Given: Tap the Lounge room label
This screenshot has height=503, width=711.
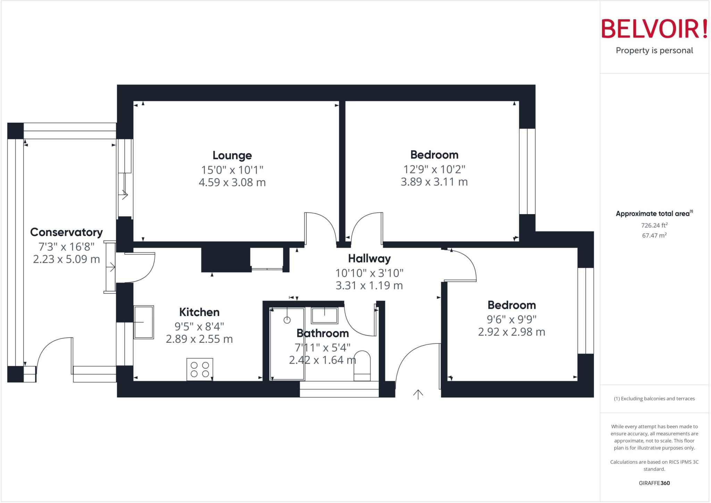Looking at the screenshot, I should [232, 155].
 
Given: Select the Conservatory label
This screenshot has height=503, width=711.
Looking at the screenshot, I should [66, 232].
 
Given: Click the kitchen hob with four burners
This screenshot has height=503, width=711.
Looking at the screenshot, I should [200, 369].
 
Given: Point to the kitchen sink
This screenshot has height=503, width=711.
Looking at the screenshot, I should [144, 322].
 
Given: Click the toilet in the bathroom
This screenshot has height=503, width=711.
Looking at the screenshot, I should [362, 366].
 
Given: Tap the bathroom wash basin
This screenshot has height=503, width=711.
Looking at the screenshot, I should [324, 315].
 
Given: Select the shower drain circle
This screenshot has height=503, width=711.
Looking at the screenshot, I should [287, 320].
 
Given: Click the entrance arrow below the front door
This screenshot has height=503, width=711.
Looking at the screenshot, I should [418, 395].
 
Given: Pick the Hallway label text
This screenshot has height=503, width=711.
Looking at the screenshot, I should [369, 259].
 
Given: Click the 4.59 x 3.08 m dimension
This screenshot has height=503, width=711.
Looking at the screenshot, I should [232, 182].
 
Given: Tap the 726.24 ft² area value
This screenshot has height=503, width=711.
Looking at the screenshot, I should [654, 225].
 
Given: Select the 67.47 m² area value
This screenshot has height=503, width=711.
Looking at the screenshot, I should [654, 236].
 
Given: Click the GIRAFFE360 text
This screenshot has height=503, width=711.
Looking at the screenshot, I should [654, 483].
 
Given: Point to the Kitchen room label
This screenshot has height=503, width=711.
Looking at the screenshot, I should [199, 312].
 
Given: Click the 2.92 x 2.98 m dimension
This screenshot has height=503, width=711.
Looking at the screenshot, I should [511, 332].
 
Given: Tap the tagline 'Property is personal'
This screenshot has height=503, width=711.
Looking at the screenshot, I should [654, 51].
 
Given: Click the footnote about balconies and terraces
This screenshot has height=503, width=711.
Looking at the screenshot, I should [654, 399].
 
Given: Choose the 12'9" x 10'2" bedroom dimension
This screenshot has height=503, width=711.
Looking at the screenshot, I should [434, 170].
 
